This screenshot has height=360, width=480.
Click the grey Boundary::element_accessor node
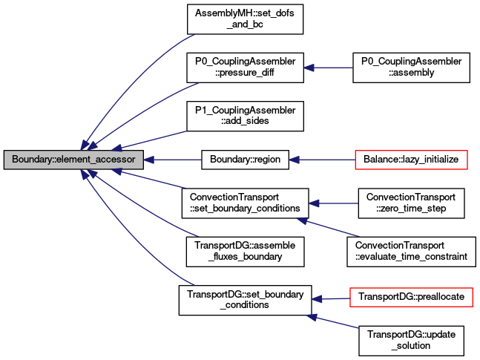pos(73,160)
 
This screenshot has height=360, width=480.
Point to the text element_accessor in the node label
pos(96,160)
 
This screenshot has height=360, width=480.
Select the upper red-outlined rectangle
pos(411,160)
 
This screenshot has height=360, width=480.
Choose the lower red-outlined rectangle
pos(411,297)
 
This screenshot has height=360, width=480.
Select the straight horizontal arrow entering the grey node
pos(174,160)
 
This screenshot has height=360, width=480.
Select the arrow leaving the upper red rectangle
pos(323,160)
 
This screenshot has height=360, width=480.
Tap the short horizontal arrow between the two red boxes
pos(333,203)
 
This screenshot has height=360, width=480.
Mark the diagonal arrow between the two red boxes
pos(328,227)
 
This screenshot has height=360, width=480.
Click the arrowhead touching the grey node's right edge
pos(148,160)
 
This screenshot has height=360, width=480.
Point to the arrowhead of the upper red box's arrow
pos(295,160)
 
